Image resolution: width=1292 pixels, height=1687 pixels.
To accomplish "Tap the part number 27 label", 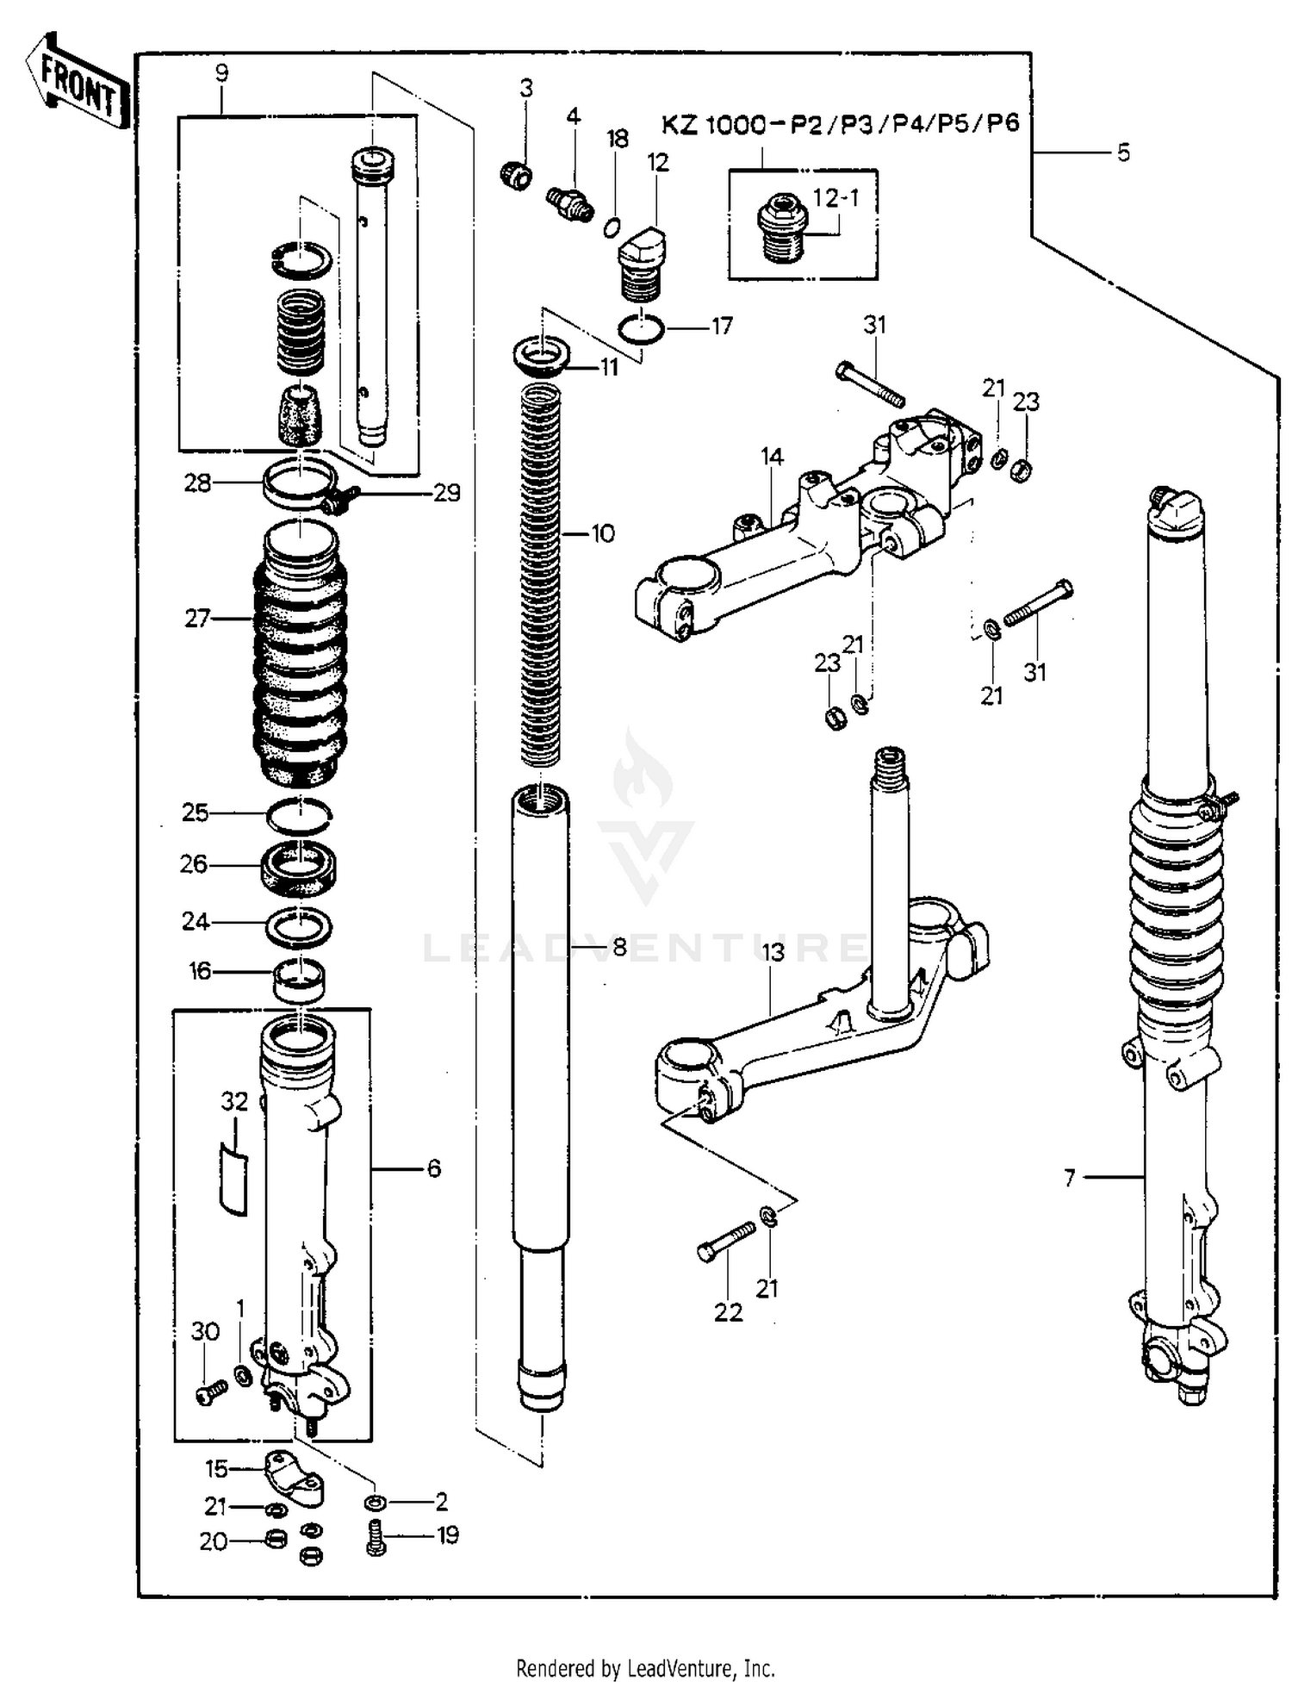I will click(x=197, y=618).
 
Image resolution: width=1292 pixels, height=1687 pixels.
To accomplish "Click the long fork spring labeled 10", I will click(x=541, y=573).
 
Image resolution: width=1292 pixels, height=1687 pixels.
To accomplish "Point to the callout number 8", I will click(x=619, y=948).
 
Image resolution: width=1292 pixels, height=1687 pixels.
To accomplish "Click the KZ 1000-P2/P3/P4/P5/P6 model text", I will click(x=840, y=124).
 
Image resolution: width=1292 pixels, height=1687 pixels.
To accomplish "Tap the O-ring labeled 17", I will click(x=642, y=328).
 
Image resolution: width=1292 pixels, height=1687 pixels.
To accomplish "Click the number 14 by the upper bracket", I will click(x=772, y=457).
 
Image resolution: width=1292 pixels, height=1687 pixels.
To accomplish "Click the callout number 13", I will click(x=773, y=952).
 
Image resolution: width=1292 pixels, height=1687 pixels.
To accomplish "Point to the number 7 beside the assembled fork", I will click(x=1069, y=1177).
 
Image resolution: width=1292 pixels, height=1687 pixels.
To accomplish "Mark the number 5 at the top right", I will click(x=1123, y=153).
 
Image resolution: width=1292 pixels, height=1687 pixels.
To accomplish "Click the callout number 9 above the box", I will click(x=221, y=72).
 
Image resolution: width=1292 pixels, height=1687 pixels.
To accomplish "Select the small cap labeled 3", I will click(x=515, y=175).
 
